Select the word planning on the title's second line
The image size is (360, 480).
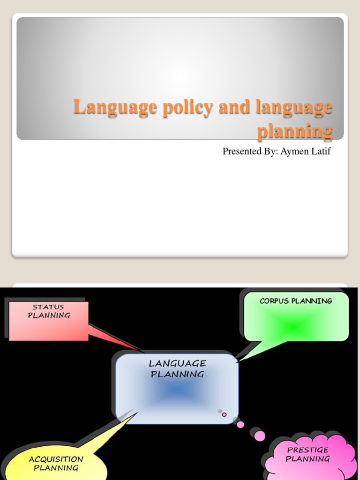pyautogui.click(x=295, y=131)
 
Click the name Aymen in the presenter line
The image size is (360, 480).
pyautogui.click(x=293, y=151)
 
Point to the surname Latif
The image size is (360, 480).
pyautogui.click(x=320, y=151)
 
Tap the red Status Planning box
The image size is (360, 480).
pyautogui.click(x=48, y=321)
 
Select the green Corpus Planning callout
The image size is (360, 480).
pyautogui.click(x=296, y=316)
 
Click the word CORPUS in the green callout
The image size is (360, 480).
pyautogui.click(x=275, y=301)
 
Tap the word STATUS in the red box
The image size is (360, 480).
pyautogui.click(x=48, y=307)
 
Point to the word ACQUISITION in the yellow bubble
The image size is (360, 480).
pyautogui.click(x=56, y=459)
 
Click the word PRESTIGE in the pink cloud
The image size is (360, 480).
pyautogui.click(x=308, y=450)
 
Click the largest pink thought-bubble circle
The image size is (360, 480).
pyautogui.click(x=259, y=436)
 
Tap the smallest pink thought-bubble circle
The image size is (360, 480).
pyautogui.click(x=224, y=414)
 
